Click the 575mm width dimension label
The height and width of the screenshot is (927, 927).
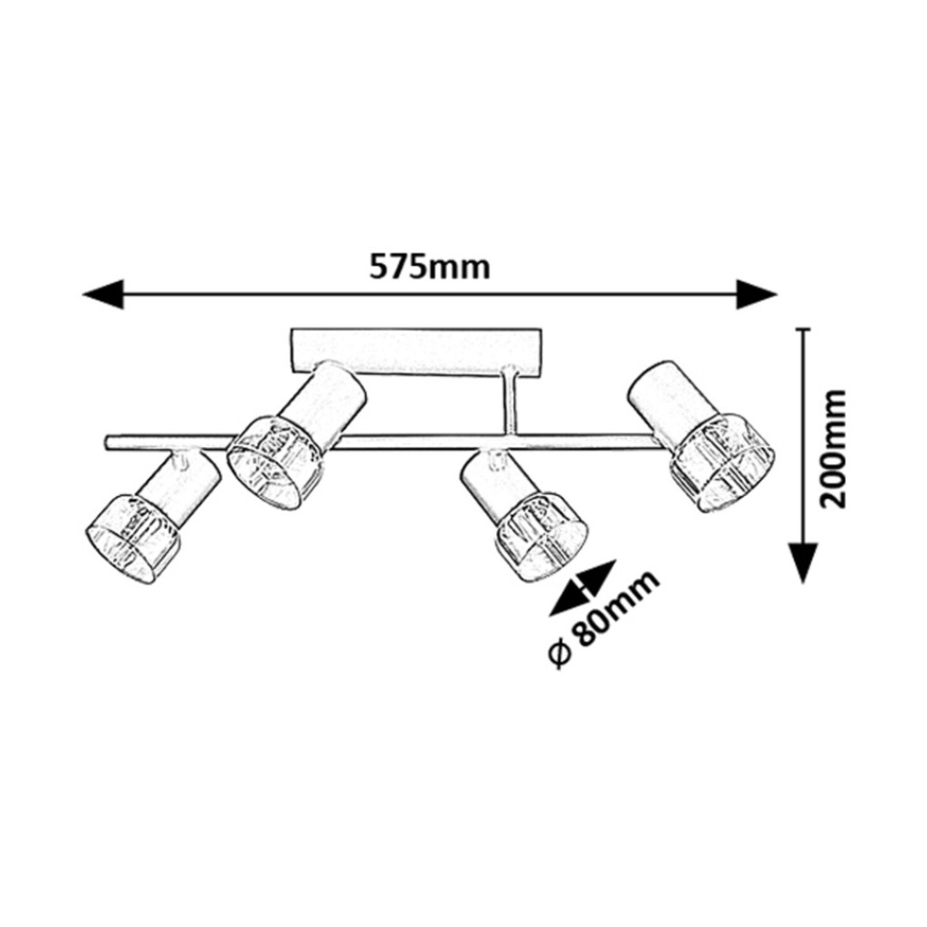tap(430, 268)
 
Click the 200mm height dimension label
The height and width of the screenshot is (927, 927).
tap(834, 449)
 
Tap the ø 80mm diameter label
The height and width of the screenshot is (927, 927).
tap(603, 619)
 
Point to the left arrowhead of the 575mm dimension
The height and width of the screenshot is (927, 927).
tap(103, 294)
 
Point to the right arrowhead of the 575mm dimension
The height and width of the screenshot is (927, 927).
tap(756, 294)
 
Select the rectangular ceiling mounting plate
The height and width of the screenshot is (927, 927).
tap(416, 354)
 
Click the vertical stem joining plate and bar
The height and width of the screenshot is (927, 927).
tap(507, 402)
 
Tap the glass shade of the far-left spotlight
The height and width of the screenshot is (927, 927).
tap(132, 538)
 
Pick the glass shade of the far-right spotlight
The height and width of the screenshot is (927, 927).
tap(722, 463)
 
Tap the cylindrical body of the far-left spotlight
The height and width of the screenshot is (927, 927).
tap(178, 488)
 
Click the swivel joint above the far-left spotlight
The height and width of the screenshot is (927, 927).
tap(180, 459)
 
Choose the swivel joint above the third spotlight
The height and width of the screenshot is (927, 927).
tap(494, 458)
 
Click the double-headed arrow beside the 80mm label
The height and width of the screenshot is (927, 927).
tap(583, 588)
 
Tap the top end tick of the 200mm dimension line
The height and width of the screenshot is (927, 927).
tap(802, 329)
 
